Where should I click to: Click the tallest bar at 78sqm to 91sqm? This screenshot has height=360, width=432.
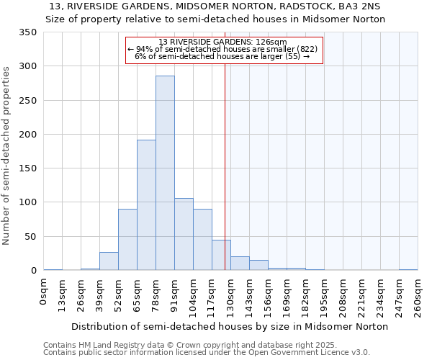pyautogui.click(x=165, y=173)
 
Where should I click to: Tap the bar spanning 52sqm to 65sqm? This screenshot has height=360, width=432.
pyautogui.click(x=127, y=240)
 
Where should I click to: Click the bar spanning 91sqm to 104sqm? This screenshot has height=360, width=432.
pyautogui.click(x=184, y=234)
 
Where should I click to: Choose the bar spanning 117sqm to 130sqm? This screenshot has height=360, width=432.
pyautogui.click(x=221, y=255)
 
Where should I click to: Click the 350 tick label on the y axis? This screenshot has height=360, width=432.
pyautogui.click(x=28, y=32)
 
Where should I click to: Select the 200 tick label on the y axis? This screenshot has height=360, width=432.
pyautogui.click(x=28, y=135)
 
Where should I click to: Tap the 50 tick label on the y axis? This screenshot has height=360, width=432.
pyautogui.click(x=31, y=237)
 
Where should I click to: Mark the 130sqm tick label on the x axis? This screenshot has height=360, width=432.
pyautogui.click(x=230, y=297)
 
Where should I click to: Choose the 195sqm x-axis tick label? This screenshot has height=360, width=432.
pyautogui.click(x=324, y=297)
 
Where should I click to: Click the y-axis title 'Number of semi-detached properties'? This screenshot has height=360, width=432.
pyautogui.click(x=6, y=155)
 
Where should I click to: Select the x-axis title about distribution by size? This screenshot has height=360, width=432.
pyautogui.click(x=230, y=326)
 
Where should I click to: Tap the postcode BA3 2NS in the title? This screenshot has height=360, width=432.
pyautogui.click(x=364, y=6)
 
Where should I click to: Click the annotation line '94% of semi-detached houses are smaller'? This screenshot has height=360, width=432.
pyautogui.click(x=222, y=49)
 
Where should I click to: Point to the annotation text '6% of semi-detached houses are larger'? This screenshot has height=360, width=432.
pyautogui.click(x=222, y=56)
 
